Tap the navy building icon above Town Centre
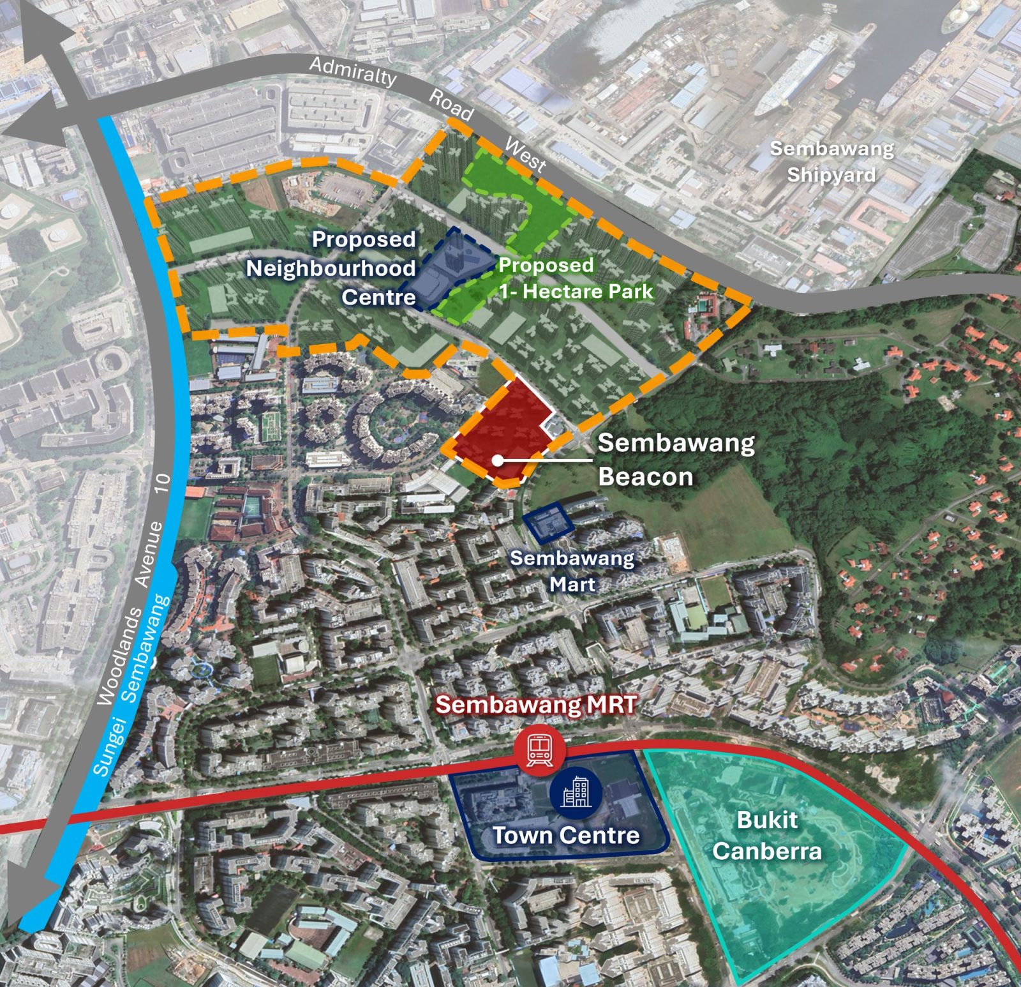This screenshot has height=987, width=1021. point(576,794)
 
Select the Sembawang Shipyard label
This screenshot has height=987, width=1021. point(831,162)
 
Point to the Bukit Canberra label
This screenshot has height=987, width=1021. point(767,836)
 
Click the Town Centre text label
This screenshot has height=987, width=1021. point(566,836)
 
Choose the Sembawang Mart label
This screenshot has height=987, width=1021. point(572,571)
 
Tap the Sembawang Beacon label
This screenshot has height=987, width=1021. point(676,460)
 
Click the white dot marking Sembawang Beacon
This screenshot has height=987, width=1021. point(497,460)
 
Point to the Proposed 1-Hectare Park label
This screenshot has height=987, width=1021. point(576,279)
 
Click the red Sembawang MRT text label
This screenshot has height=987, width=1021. point(536,705)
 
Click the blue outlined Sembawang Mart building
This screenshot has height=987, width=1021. point(549,523)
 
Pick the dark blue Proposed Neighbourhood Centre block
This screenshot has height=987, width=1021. point(447,271)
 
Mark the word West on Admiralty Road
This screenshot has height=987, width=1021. point(525,155)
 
